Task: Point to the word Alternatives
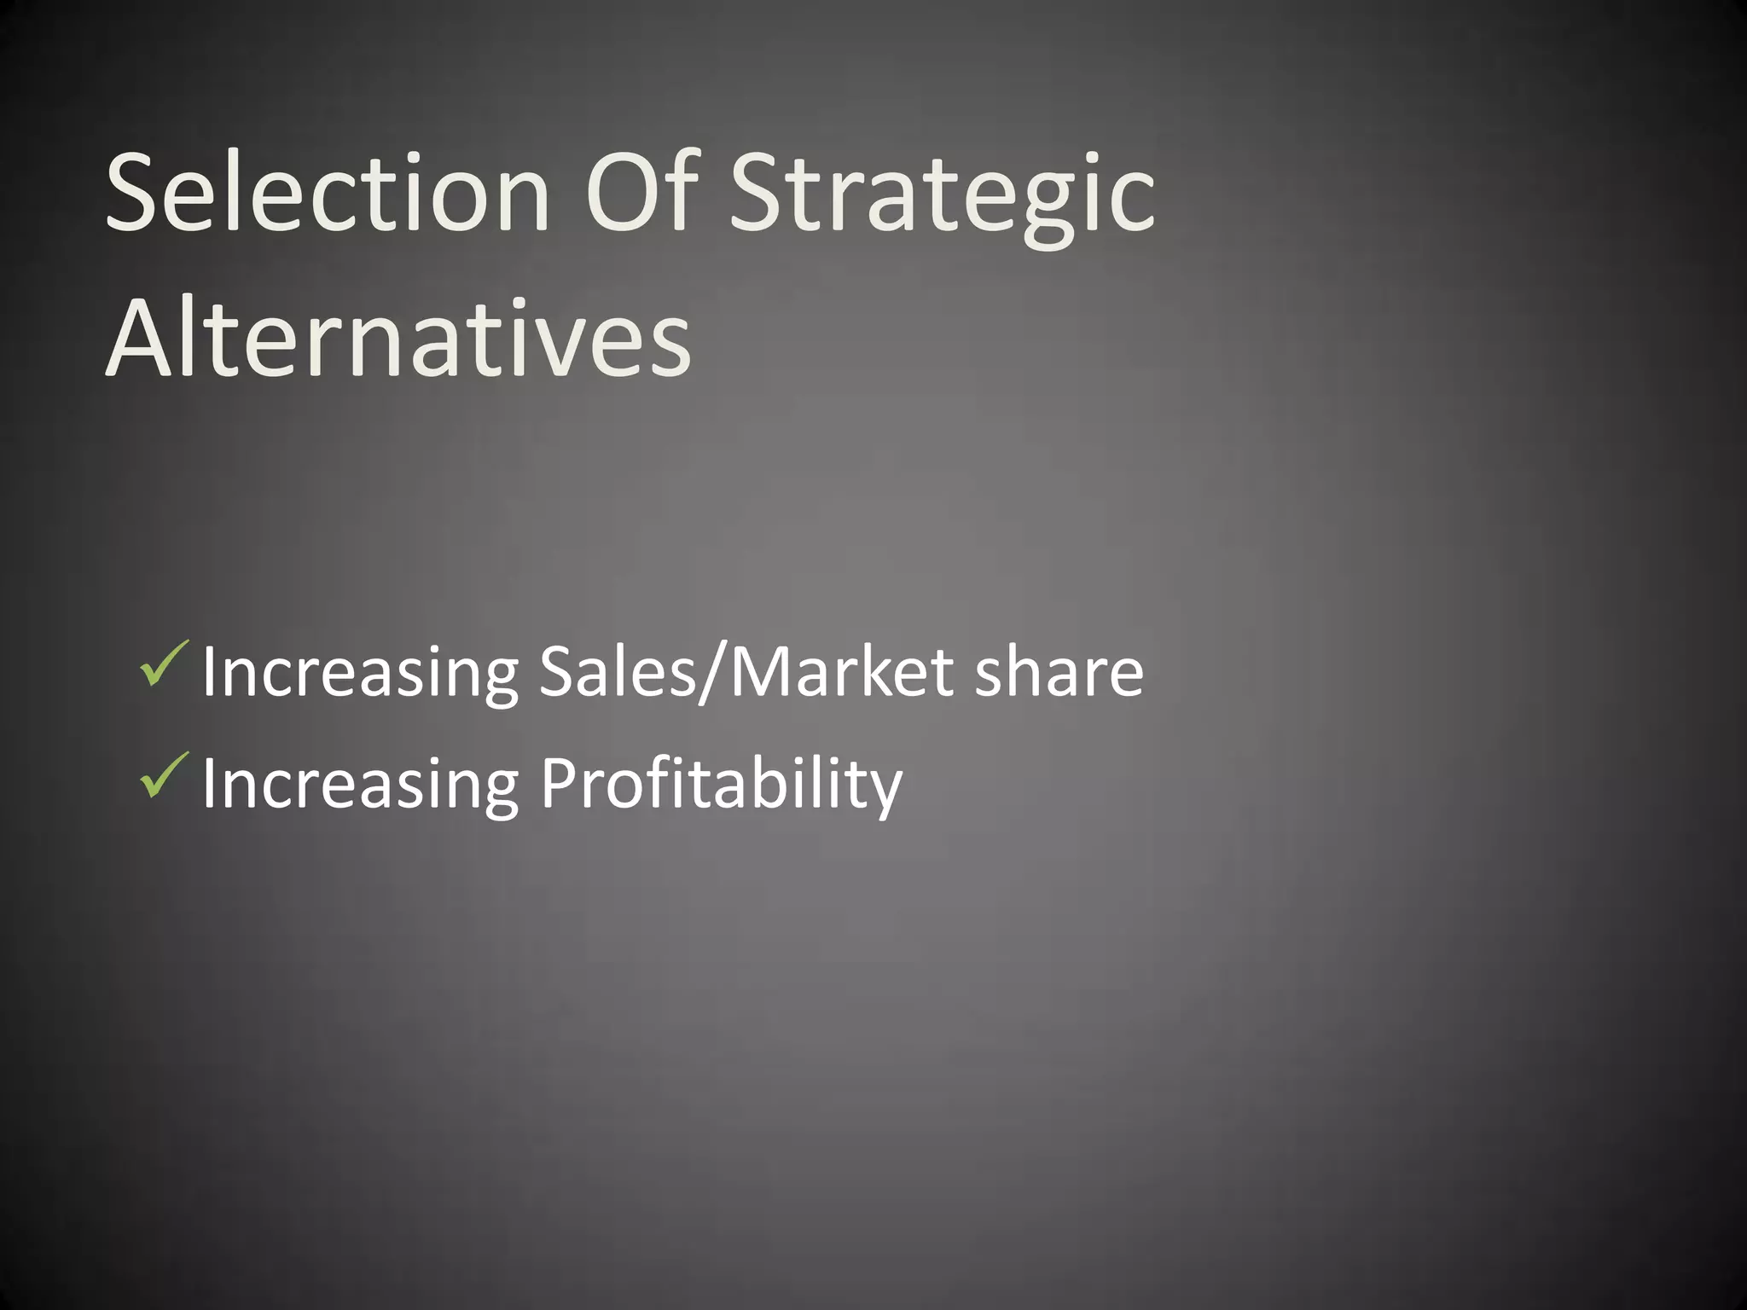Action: click(398, 339)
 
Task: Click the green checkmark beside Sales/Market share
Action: click(163, 664)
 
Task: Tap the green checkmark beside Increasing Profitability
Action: click(163, 775)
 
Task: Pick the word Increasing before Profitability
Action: click(360, 785)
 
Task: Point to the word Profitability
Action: click(721, 785)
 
